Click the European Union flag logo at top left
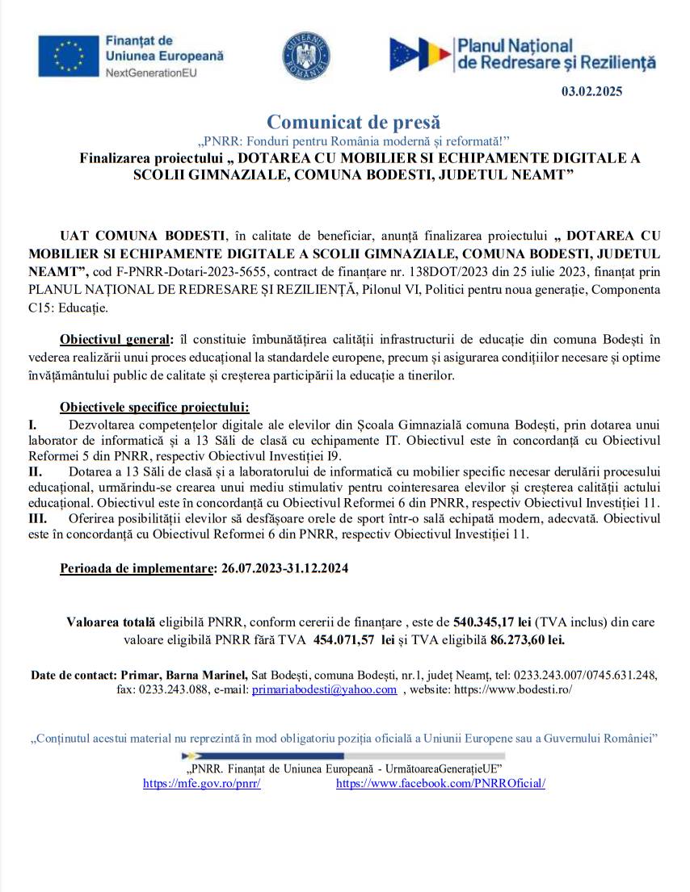click(x=68, y=56)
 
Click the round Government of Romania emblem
click(x=305, y=57)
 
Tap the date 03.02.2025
click(x=592, y=91)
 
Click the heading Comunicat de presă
click(x=354, y=123)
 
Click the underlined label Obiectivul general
click(x=116, y=338)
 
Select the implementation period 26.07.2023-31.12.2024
click(x=284, y=568)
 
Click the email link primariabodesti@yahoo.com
click(x=324, y=689)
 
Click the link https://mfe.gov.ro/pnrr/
click(x=201, y=783)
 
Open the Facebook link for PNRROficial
click(x=440, y=783)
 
